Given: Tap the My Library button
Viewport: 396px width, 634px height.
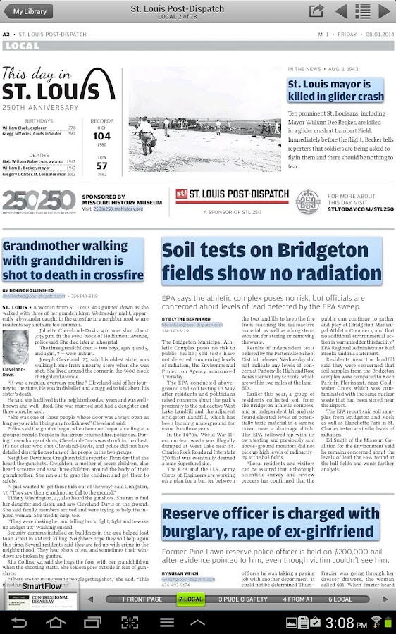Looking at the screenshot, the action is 30,11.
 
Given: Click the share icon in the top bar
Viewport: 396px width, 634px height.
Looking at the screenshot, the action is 316,11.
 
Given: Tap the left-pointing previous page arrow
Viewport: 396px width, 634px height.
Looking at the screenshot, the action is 340,11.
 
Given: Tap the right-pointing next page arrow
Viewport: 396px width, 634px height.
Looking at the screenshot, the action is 384,11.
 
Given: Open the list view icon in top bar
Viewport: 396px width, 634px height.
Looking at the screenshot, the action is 362,11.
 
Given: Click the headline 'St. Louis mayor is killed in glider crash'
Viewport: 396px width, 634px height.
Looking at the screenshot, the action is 335,90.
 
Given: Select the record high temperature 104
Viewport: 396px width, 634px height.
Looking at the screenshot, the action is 101,136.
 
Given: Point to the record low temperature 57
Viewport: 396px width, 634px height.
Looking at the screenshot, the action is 101,166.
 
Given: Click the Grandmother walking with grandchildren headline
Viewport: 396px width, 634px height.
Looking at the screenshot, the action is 73,260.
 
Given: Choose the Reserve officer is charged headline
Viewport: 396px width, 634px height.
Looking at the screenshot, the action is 271,522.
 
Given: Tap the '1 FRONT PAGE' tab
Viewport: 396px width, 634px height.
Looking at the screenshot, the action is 142,599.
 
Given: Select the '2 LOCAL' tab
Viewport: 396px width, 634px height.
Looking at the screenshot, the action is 191,599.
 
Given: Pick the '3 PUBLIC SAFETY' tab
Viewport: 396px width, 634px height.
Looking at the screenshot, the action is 243,599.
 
